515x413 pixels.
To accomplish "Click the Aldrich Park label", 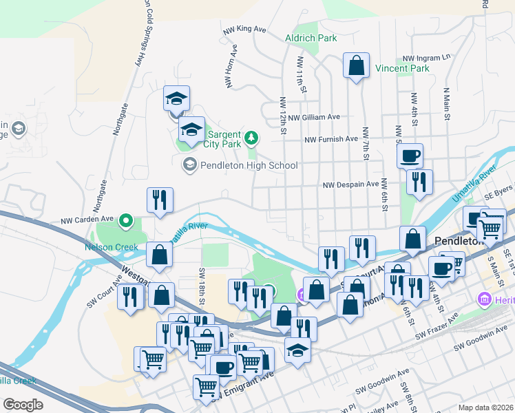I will coord(312,38).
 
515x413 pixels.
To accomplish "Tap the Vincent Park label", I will coord(402,68).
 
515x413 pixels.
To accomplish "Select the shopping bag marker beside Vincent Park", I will coord(357,66).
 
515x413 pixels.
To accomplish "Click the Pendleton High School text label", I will coord(248,165).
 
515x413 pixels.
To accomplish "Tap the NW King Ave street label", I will coord(244,30).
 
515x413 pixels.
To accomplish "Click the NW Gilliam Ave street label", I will coord(314,118).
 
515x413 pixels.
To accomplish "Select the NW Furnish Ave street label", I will coord(331,139).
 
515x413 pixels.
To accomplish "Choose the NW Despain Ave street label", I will coord(351,184).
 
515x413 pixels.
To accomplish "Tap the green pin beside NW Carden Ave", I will coord(126,221).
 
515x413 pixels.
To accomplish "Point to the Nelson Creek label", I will coord(112,247).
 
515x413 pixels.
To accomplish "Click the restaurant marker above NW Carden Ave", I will coord(160,200).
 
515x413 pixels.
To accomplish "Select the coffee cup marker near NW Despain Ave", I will coord(410,156).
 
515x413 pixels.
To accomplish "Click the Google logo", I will coord(23,404).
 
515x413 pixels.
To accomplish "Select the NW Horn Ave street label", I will coord(232,67).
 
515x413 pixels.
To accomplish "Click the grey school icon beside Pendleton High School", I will coord(189,165).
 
